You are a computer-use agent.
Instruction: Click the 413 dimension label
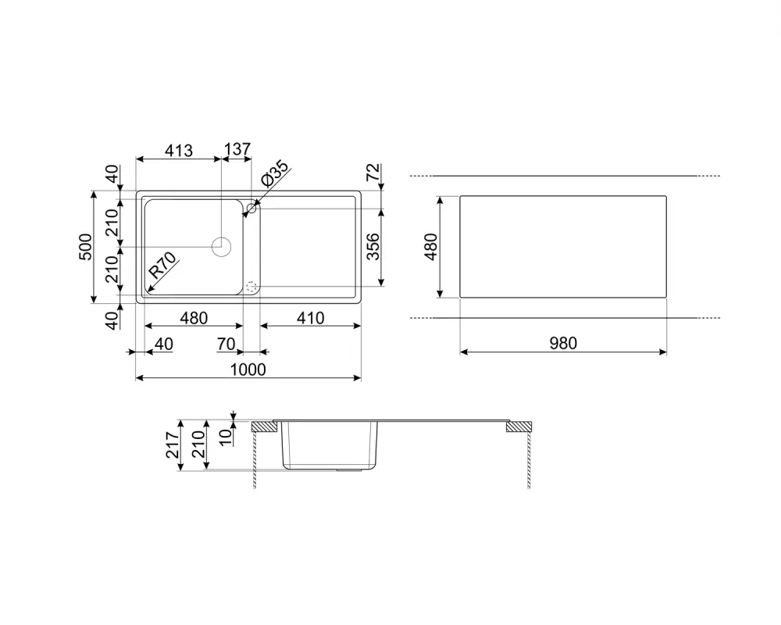[x=179, y=150]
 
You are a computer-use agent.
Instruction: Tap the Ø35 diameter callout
[x=275, y=173]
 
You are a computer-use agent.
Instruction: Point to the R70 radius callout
[x=162, y=266]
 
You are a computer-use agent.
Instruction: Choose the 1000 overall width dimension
[x=248, y=370]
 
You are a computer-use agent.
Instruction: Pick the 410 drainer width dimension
[x=309, y=318]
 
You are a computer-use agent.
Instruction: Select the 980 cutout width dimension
[x=562, y=343]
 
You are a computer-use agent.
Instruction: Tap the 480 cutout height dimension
[x=430, y=247]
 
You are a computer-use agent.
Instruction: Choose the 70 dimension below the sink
[x=227, y=344]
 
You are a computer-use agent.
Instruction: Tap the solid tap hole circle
[x=251, y=208]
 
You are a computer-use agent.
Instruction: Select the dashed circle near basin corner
[x=251, y=287]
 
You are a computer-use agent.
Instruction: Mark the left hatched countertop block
[x=264, y=427]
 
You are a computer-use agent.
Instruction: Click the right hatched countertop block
[x=519, y=427]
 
